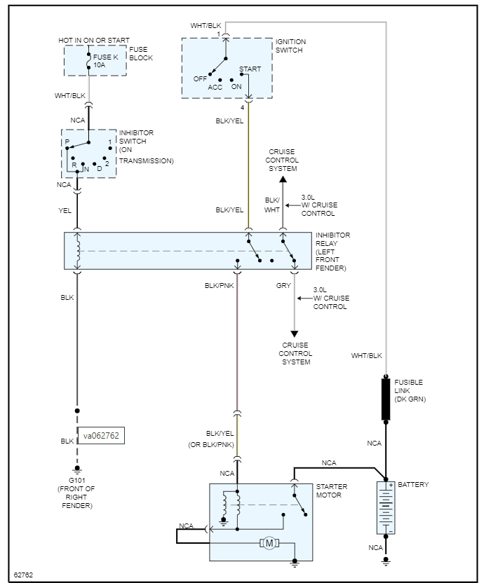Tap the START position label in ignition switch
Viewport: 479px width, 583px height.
coord(250,69)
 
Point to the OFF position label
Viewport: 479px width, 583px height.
coord(201,78)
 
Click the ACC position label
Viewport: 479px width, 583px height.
coord(215,87)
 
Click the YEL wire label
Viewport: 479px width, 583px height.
coord(65,210)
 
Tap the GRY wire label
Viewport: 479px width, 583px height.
coord(283,286)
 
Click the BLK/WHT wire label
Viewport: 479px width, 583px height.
coord(272,205)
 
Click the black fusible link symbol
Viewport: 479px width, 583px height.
coord(386,399)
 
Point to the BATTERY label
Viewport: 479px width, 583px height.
coord(413,485)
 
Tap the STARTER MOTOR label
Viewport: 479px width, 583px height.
coord(332,491)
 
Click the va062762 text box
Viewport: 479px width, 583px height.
coord(101,435)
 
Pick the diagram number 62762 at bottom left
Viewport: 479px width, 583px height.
coord(23,575)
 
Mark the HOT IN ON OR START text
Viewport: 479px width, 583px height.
coord(94,41)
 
